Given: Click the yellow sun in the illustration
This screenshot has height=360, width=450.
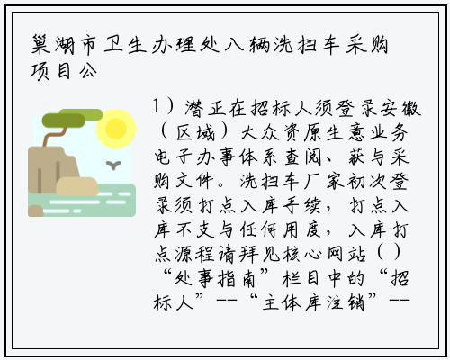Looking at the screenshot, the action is tap(116, 129).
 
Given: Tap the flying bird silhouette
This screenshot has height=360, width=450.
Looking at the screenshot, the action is tap(113, 166).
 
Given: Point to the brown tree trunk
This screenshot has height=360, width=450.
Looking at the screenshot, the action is tap(55, 136).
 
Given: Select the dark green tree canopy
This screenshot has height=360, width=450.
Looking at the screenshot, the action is tap(64, 121).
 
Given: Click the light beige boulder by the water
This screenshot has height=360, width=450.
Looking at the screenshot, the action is tap(77, 186).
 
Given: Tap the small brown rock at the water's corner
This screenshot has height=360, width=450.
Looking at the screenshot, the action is tap(36, 211).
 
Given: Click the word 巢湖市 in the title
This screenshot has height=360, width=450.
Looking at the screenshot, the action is tap(64, 46).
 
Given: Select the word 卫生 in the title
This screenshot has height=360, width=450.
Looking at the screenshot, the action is tap(125, 46).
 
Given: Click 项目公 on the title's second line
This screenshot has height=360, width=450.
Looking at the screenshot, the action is tap(64, 71).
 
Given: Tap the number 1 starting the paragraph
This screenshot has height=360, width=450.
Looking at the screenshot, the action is tap(156, 107).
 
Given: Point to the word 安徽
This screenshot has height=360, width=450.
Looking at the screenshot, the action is tap(400, 108).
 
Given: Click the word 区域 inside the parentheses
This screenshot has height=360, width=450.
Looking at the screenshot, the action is tap(195, 132).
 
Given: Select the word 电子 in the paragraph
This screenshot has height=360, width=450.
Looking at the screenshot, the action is tap(174, 157).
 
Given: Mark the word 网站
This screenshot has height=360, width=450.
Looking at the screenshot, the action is tap(346, 255).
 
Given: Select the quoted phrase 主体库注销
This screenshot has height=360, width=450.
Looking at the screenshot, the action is tap(313, 302).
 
